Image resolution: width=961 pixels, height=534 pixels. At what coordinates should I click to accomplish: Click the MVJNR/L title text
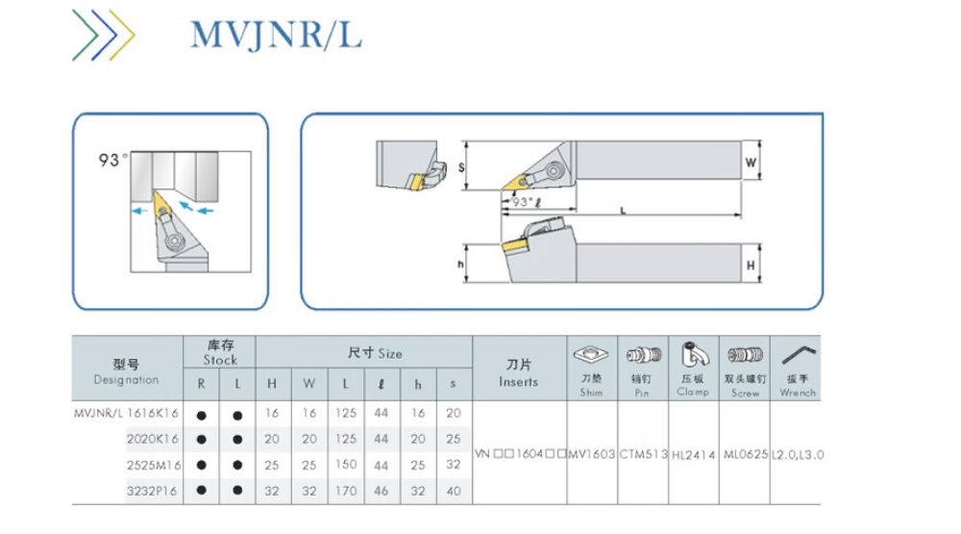(x=276, y=35)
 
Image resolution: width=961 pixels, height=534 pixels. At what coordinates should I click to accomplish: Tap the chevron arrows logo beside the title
(x=103, y=36)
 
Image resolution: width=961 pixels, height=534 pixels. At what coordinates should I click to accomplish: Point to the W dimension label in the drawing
(x=750, y=163)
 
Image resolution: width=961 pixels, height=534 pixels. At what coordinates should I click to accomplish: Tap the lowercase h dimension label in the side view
(x=462, y=263)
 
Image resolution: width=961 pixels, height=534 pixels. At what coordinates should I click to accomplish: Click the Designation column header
(x=127, y=371)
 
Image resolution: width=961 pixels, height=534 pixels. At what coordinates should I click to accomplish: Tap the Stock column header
(x=219, y=352)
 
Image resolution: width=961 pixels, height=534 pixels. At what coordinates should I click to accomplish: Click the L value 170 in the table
(x=346, y=490)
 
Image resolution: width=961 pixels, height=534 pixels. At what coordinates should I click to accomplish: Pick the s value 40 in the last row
(x=453, y=490)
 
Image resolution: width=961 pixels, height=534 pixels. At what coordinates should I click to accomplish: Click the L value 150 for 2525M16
(x=346, y=465)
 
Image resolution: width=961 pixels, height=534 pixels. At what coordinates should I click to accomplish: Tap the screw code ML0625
(x=744, y=453)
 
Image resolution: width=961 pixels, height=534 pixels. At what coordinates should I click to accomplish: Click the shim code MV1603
(x=591, y=453)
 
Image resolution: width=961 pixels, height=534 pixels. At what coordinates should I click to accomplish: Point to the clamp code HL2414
(x=693, y=453)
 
